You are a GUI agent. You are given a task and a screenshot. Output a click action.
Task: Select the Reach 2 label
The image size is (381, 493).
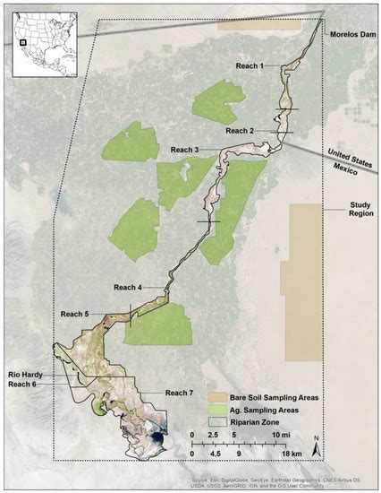(x=240, y=131)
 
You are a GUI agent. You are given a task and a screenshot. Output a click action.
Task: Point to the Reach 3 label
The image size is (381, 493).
(x=184, y=148)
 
